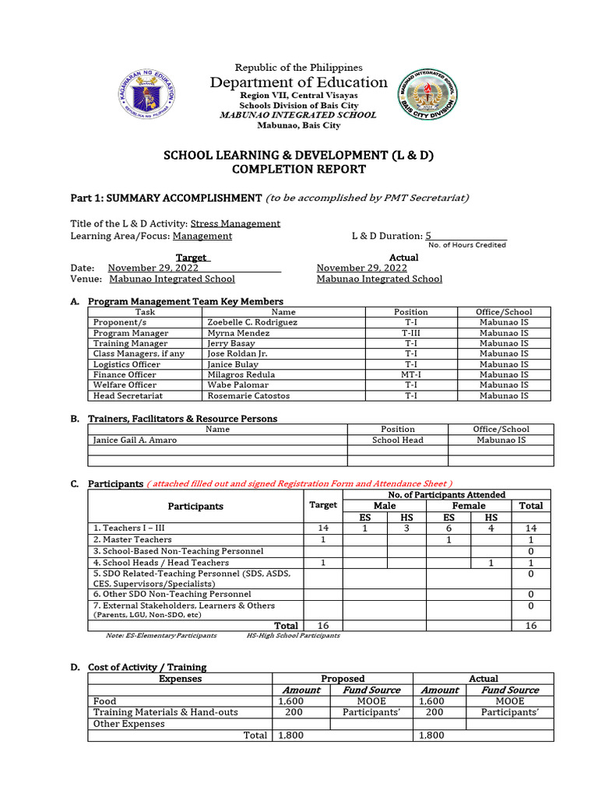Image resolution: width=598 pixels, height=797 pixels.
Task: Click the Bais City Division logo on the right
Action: pos(427,94)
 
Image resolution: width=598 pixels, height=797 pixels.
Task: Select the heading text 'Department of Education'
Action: pos(298,83)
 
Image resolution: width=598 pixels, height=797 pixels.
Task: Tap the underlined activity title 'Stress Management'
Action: pos(235,223)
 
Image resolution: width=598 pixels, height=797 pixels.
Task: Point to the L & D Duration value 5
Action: pos(427,236)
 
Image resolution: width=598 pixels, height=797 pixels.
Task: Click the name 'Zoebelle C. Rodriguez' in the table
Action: pos(252,322)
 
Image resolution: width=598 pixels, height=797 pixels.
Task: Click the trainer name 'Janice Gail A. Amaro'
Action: pos(135,440)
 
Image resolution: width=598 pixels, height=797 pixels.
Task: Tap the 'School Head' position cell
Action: pos(397,440)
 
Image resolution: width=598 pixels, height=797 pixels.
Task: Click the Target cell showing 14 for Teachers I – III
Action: pos(322,528)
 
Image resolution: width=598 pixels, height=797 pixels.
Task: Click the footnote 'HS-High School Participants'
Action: pos(293,635)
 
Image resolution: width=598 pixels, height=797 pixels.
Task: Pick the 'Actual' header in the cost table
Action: pos(484,679)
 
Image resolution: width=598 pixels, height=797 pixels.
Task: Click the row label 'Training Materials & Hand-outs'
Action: pos(166,712)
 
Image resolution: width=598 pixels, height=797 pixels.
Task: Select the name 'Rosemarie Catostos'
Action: pos(248,395)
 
